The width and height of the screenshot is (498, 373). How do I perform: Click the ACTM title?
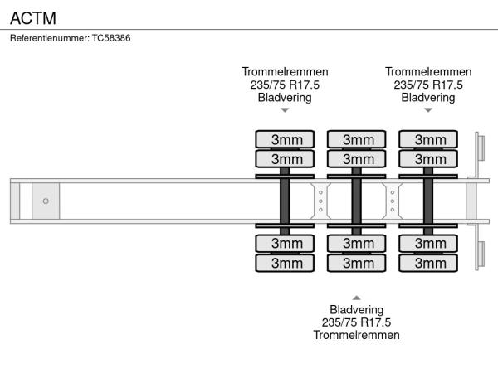pyautogui.click(x=27, y=17)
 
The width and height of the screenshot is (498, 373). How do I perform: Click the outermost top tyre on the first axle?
pyautogui.click(x=285, y=138)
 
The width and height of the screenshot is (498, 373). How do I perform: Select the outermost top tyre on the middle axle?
pyautogui.click(x=357, y=138)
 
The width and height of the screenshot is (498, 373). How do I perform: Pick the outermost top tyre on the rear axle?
pyautogui.click(x=429, y=138)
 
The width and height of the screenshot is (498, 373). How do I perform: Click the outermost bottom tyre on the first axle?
pyautogui.click(x=285, y=263)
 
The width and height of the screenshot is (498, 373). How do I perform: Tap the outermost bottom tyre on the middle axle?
pyautogui.click(x=357, y=263)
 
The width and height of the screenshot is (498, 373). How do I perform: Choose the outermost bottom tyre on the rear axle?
pyautogui.click(x=429, y=263)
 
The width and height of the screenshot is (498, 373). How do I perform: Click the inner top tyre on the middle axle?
pyautogui.click(x=357, y=158)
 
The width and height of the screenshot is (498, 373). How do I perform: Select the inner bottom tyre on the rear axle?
pyautogui.click(x=429, y=243)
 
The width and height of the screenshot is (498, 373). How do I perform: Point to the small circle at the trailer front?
pyautogui.click(x=46, y=201)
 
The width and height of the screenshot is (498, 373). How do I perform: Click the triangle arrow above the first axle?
pyautogui.click(x=285, y=110)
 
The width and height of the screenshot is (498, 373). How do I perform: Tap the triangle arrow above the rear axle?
pyautogui.click(x=428, y=110)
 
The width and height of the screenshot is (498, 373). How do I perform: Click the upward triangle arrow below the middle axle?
pyautogui.click(x=357, y=298)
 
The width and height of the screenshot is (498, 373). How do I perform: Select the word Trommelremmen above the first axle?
pyautogui.click(x=285, y=72)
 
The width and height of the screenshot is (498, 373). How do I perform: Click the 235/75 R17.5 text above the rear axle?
pyautogui.click(x=428, y=85)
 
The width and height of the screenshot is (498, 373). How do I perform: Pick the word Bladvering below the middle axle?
pyautogui.click(x=357, y=310)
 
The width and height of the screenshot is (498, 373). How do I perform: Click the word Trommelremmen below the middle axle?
pyautogui.click(x=357, y=335)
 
